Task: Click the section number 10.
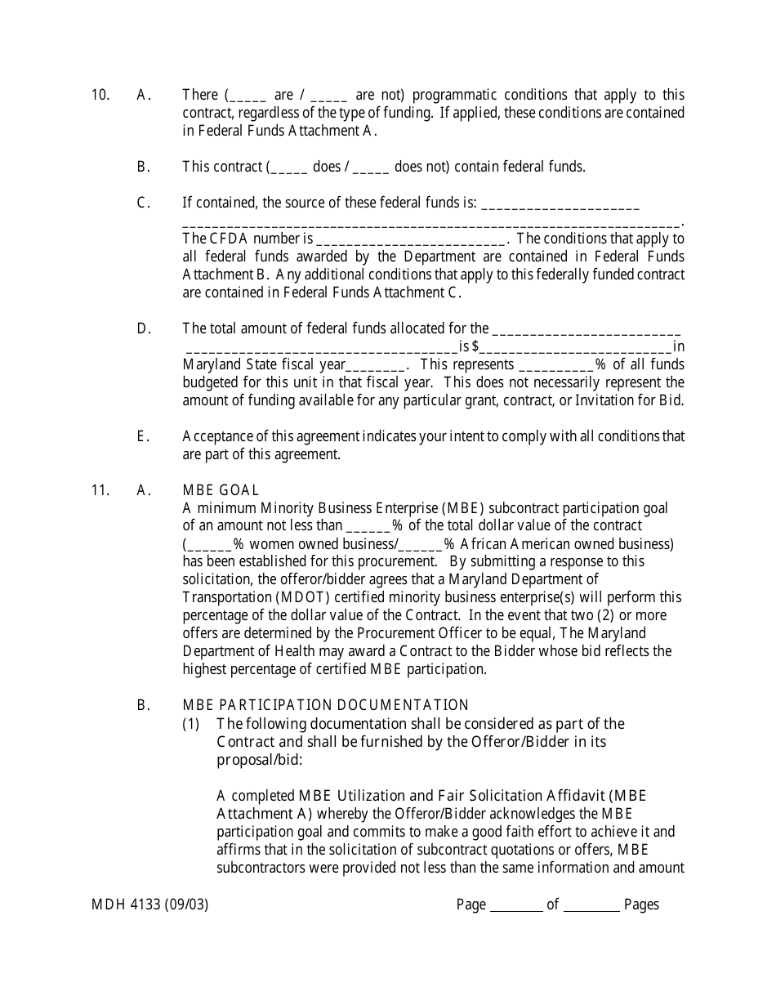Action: pos(100,95)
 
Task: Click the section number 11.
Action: pos(100,490)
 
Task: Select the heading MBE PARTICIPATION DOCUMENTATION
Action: pos(326,705)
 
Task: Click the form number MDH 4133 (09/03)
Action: pos(150,904)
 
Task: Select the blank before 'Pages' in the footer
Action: pos(591,905)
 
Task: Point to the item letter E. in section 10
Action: pos(143,436)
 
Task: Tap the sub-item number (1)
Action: pos(190,724)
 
